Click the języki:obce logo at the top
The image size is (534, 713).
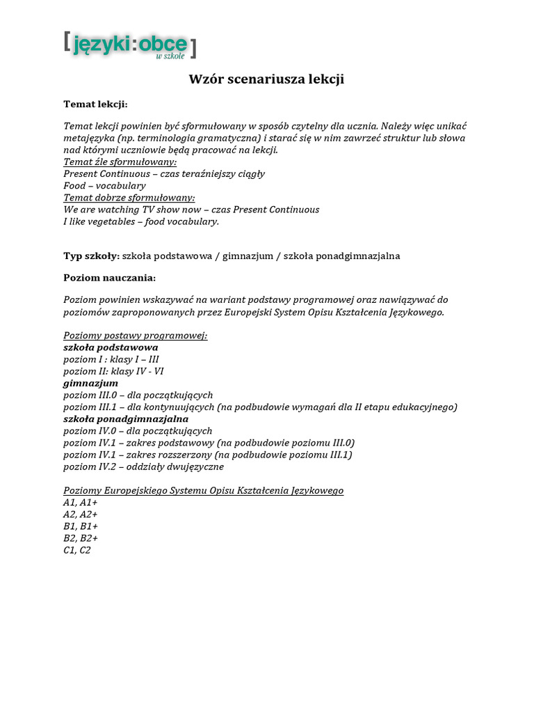coord(129,45)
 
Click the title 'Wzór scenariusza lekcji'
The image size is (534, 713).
coord(267,79)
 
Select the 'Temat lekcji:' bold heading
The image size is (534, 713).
coord(96,104)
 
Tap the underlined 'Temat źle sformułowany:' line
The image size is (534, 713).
coord(120,162)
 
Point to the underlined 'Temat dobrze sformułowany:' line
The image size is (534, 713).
coord(129,198)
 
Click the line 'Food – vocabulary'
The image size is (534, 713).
coord(104,186)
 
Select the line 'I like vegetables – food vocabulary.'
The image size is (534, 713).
coord(141,221)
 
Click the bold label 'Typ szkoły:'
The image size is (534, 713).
coord(91,256)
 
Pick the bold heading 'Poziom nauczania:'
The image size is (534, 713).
coord(110,278)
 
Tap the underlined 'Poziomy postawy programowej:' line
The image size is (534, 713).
coord(135,336)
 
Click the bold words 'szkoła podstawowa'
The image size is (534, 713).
coord(111,347)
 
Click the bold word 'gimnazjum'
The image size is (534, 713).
coord(90,383)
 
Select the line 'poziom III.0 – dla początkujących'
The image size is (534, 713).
coord(138,395)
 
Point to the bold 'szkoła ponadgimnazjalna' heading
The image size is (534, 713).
coord(126,419)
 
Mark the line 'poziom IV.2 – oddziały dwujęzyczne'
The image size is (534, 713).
coord(143,467)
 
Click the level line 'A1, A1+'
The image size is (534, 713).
coord(81,503)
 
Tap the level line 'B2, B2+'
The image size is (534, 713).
coord(81,538)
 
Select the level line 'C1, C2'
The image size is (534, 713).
coord(76,550)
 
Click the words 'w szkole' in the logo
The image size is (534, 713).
coord(170,56)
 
